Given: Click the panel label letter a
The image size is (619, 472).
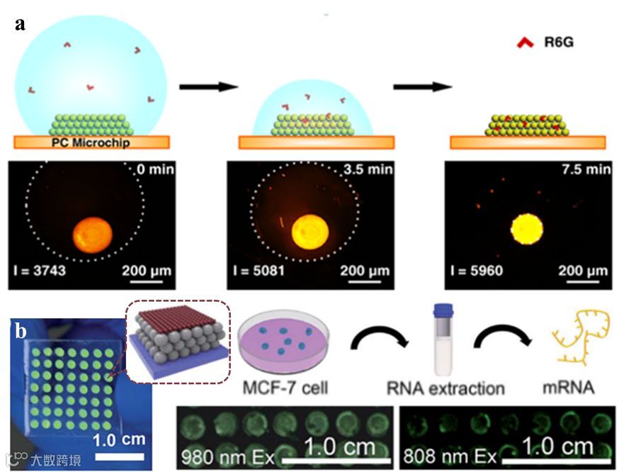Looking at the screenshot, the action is [x=21, y=23].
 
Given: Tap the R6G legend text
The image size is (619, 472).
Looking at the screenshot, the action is [x=559, y=43].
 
